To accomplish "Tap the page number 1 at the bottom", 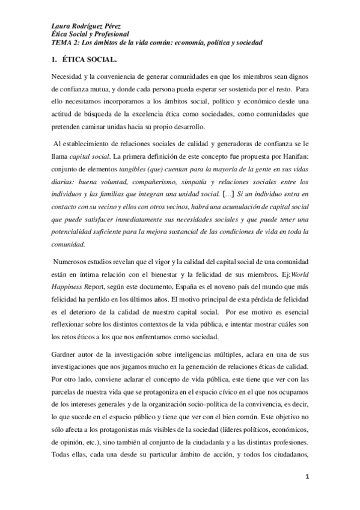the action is coord(307,477).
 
